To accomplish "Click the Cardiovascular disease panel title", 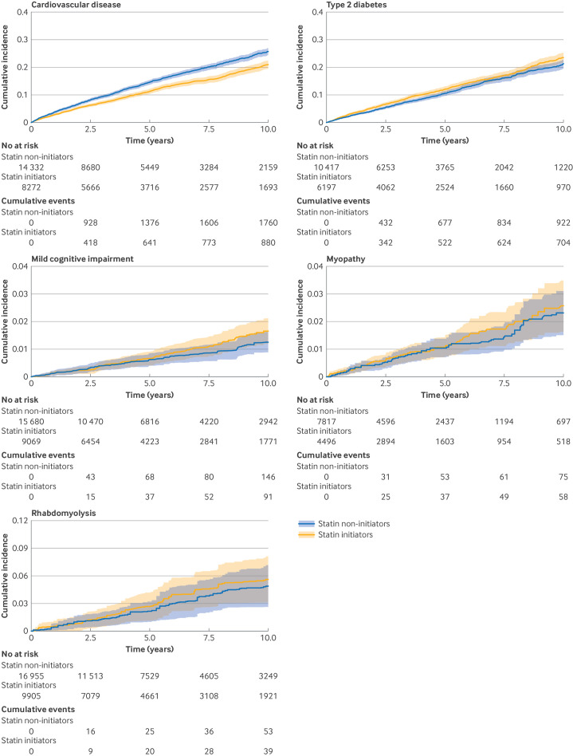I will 51,6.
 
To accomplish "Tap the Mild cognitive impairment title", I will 58,258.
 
